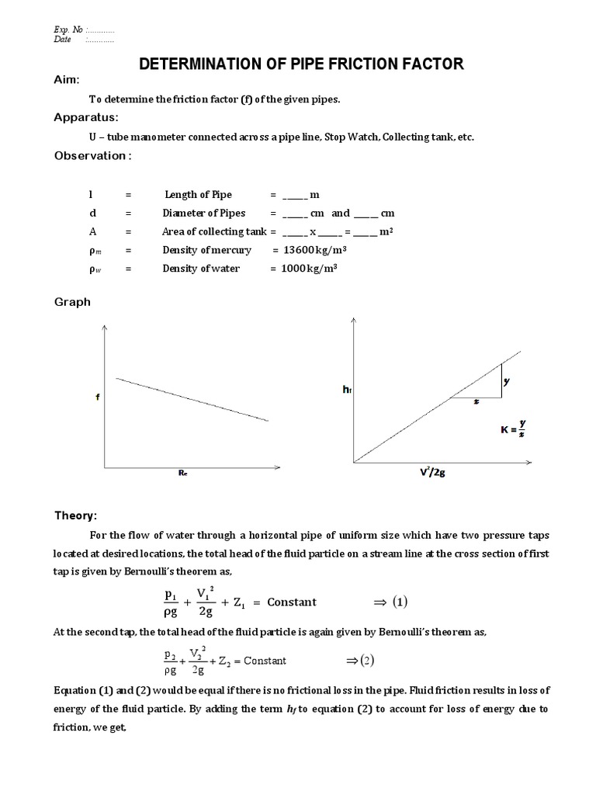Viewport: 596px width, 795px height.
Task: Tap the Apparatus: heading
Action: coord(85,117)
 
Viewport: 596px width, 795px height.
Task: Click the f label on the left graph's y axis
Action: coord(97,397)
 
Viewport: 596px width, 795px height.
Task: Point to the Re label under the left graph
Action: coord(183,473)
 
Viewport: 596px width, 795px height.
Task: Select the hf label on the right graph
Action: coord(347,390)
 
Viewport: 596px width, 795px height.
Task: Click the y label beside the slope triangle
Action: coord(506,381)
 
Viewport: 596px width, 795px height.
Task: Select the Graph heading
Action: coord(72,302)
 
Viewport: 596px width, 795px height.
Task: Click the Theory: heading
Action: coord(75,516)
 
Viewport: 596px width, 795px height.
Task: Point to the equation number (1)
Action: coord(398,602)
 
